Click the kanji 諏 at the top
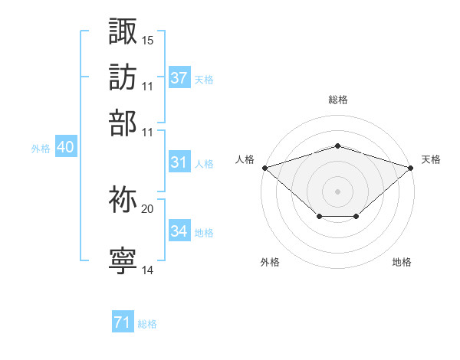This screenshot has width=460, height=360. [123, 32]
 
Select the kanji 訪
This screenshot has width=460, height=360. [123, 77]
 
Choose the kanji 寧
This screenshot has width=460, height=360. [123, 261]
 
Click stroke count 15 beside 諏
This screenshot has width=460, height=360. [148, 40]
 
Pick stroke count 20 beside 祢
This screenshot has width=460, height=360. [148, 208]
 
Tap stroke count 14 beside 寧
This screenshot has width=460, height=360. [148, 270]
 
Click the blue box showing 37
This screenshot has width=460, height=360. [179, 77]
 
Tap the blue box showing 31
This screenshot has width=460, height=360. [179, 162]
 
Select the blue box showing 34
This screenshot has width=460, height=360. [179, 231]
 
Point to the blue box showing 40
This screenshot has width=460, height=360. [65, 147]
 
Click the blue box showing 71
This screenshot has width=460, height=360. [122, 323]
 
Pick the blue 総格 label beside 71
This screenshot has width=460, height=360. [147, 324]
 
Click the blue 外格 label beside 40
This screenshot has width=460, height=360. [41, 149]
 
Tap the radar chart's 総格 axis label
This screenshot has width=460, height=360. [337, 100]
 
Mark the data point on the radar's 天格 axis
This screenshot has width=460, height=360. [412, 167]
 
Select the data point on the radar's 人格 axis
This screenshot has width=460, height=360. [264, 167]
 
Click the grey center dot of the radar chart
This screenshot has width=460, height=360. [337, 191]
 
